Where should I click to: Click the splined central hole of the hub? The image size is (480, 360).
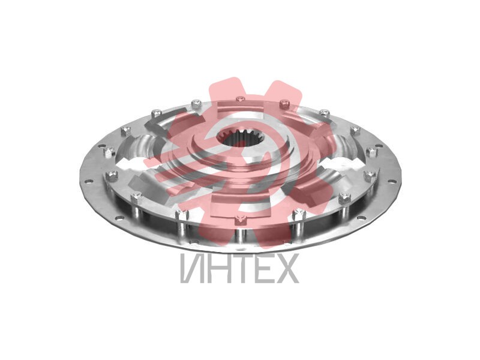tap(239, 139)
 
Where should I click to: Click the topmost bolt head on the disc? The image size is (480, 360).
tap(241, 99)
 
